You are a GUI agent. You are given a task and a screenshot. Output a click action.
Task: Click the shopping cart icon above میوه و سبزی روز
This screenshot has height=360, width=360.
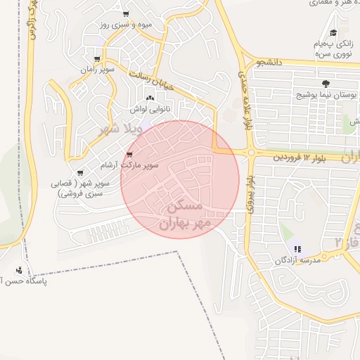[x=126, y=14]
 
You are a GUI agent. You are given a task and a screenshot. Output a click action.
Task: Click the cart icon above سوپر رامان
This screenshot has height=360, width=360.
[x=97, y=59]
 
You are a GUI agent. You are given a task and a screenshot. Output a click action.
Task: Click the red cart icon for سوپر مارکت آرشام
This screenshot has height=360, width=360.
[x=129, y=155]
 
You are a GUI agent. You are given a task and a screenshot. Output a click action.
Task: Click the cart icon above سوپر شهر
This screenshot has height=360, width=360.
[x=81, y=171]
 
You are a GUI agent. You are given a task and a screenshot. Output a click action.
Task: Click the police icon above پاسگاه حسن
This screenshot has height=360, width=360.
[x=18, y=270]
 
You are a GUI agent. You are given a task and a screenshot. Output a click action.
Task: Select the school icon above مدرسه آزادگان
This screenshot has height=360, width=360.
[x=297, y=248]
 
